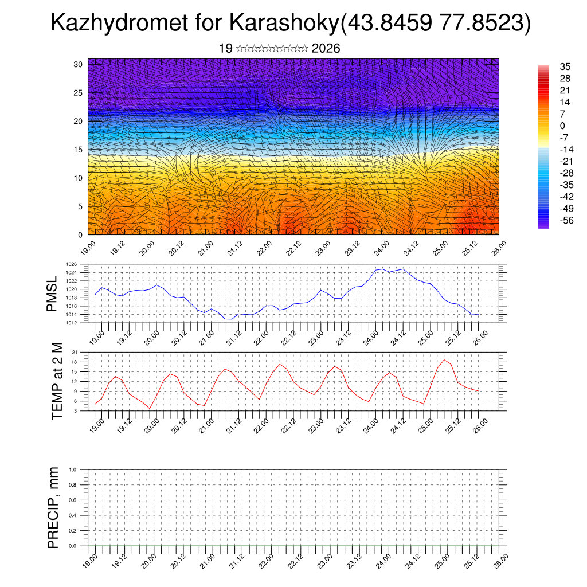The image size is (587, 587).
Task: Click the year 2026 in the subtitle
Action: point(326,48)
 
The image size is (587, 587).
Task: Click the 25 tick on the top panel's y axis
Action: point(79,93)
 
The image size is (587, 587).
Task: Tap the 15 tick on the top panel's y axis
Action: point(79,150)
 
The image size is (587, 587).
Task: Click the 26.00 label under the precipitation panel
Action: point(501,559)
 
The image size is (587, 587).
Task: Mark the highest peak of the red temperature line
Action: point(444,360)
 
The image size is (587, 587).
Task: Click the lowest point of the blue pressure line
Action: point(229,319)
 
